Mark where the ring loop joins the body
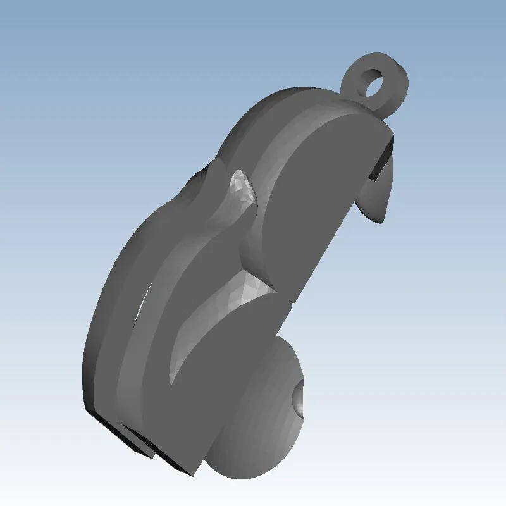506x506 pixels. (364, 108)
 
